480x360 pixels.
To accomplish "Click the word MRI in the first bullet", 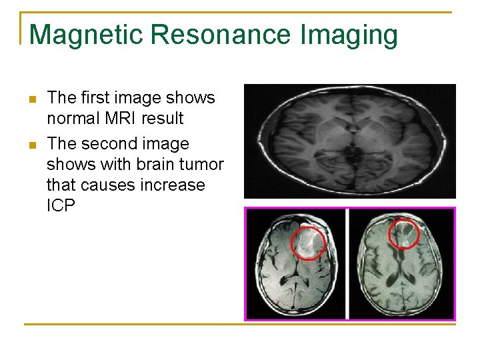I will pos(116,119).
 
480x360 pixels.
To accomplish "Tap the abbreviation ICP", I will pos(61,205).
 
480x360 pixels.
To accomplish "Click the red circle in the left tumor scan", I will pos(309,243).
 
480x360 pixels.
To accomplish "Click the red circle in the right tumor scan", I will pos(404,234).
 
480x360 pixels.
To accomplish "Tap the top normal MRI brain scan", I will pos(349,141).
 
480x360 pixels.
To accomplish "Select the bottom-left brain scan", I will pos(296,263).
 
